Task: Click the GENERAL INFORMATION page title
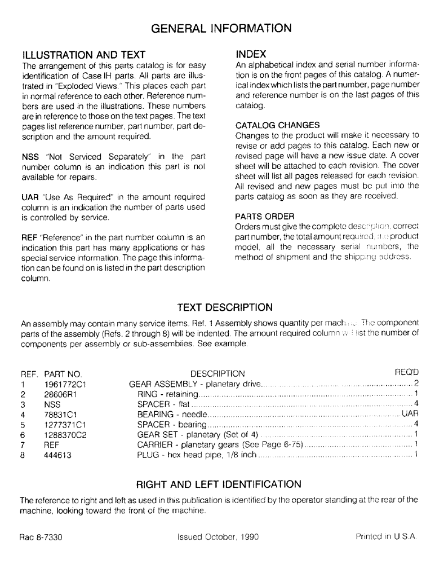click(x=217, y=27)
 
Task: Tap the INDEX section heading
click(x=250, y=55)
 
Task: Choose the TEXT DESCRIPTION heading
click(x=217, y=307)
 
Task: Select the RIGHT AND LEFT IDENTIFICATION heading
click(x=217, y=483)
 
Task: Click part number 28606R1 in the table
click(x=60, y=394)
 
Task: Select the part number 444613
click(x=57, y=455)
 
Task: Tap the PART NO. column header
click(x=63, y=374)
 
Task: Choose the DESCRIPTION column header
click(x=217, y=373)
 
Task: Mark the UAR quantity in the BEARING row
click(x=409, y=415)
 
